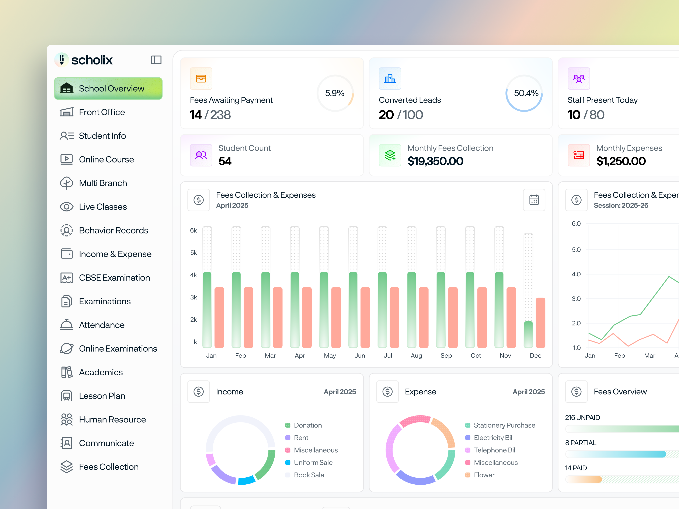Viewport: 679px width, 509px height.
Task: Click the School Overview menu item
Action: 108,88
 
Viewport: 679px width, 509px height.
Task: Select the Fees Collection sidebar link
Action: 108,467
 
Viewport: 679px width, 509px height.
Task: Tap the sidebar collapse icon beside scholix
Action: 156,60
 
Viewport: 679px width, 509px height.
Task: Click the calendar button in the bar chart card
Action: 534,200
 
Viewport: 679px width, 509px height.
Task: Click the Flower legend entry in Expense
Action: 484,475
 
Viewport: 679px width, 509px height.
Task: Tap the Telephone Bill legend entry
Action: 495,450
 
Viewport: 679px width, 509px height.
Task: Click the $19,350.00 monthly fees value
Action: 435,161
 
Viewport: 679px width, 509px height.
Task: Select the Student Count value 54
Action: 225,161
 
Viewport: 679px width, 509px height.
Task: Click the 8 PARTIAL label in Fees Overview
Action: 581,443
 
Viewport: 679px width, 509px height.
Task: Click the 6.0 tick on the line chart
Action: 576,224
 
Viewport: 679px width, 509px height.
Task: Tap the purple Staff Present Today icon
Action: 579,78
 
